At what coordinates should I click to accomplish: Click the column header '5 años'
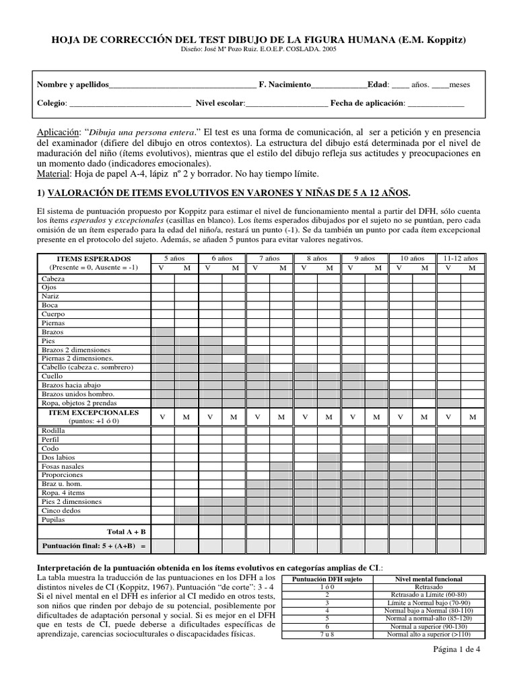click(175, 258)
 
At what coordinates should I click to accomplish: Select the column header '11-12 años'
click(460, 258)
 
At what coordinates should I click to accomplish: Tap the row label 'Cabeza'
click(53, 279)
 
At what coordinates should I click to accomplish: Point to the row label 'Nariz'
click(50, 296)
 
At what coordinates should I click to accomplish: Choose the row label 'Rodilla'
click(53, 430)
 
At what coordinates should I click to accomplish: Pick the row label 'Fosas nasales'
click(63, 466)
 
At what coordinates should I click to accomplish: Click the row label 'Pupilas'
click(53, 519)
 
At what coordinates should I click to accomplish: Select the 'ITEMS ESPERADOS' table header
click(94, 259)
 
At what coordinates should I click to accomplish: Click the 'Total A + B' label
click(126, 532)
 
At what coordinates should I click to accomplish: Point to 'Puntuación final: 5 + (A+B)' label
click(94, 546)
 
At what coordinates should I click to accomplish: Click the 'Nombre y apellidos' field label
click(72, 85)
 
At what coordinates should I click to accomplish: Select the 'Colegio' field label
click(51, 104)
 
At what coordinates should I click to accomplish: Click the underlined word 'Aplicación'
click(56, 133)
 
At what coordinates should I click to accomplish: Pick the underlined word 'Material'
click(53, 174)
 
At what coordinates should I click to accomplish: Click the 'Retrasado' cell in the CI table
click(428, 587)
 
